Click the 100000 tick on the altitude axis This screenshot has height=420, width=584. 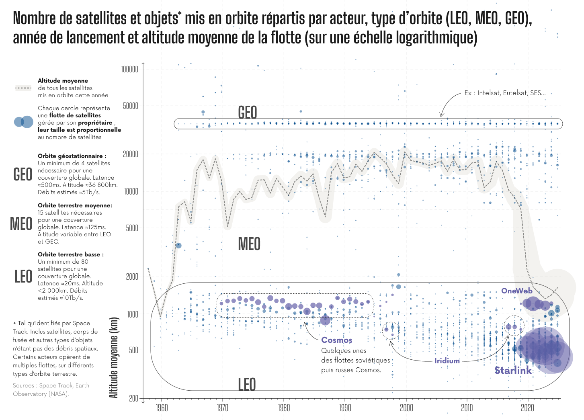pyautogui.click(x=129, y=70)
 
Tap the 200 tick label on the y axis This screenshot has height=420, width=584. pyautogui.click(x=133, y=398)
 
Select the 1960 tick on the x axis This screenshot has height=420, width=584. pyautogui.click(x=162, y=408)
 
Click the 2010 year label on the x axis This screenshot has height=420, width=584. pyautogui.click(x=467, y=408)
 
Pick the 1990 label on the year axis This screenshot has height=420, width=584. pyautogui.click(x=345, y=408)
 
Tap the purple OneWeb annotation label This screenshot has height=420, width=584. pyautogui.click(x=516, y=291)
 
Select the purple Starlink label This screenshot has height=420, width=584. pyautogui.click(x=513, y=370)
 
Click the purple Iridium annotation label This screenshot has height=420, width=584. pyautogui.click(x=447, y=361)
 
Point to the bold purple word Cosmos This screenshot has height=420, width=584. pyautogui.click(x=336, y=340)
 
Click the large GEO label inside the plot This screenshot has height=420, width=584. pyautogui.click(x=247, y=113)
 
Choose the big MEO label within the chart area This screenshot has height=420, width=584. pyautogui.click(x=249, y=244)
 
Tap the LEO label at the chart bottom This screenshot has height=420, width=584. pyautogui.click(x=247, y=384)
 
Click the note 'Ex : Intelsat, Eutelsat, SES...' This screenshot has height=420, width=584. pyautogui.click(x=505, y=93)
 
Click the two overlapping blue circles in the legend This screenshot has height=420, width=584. pyautogui.click(x=23, y=122)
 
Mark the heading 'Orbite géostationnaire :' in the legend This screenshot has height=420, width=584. pyautogui.click(x=72, y=156)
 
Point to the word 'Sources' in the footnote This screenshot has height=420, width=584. pyautogui.click(x=23, y=385)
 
